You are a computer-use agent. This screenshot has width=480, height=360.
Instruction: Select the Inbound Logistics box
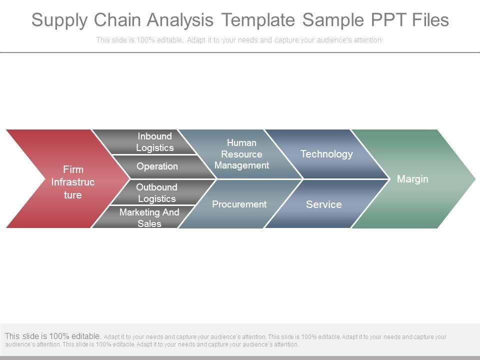[154, 142]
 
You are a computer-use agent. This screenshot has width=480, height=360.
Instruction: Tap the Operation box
[157, 166]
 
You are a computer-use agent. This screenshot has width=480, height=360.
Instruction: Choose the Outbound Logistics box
[157, 192]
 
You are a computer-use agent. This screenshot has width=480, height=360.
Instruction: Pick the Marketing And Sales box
[149, 217]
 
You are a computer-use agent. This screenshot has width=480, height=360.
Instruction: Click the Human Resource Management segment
[241, 154]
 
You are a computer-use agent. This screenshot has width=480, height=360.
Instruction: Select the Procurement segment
[239, 204]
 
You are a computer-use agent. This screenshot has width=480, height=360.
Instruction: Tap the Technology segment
[326, 154]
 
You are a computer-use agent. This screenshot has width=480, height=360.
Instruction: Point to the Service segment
[324, 204]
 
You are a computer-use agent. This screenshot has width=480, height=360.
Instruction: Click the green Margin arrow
[412, 179]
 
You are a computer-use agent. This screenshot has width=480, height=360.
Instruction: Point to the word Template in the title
[258, 20]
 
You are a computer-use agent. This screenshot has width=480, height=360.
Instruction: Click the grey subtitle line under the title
[239, 40]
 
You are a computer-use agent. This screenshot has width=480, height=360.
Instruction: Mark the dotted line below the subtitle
[240, 52]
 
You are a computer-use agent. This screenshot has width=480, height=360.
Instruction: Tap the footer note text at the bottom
[225, 340]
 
